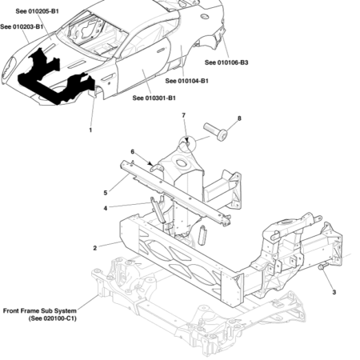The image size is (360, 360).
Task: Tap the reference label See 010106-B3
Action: [x=226, y=62]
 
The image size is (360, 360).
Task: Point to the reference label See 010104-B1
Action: [x=187, y=81]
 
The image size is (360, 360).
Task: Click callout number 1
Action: [x=90, y=129]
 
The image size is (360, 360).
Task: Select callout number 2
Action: [x=94, y=248]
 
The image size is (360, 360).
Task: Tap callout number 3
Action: [x=334, y=293]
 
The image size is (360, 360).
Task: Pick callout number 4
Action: [x=105, y=208]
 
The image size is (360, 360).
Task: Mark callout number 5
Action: [x=105, y=192]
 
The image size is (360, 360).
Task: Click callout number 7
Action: [x=183, y=117]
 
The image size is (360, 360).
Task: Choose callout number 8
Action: [x=238, y=119]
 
